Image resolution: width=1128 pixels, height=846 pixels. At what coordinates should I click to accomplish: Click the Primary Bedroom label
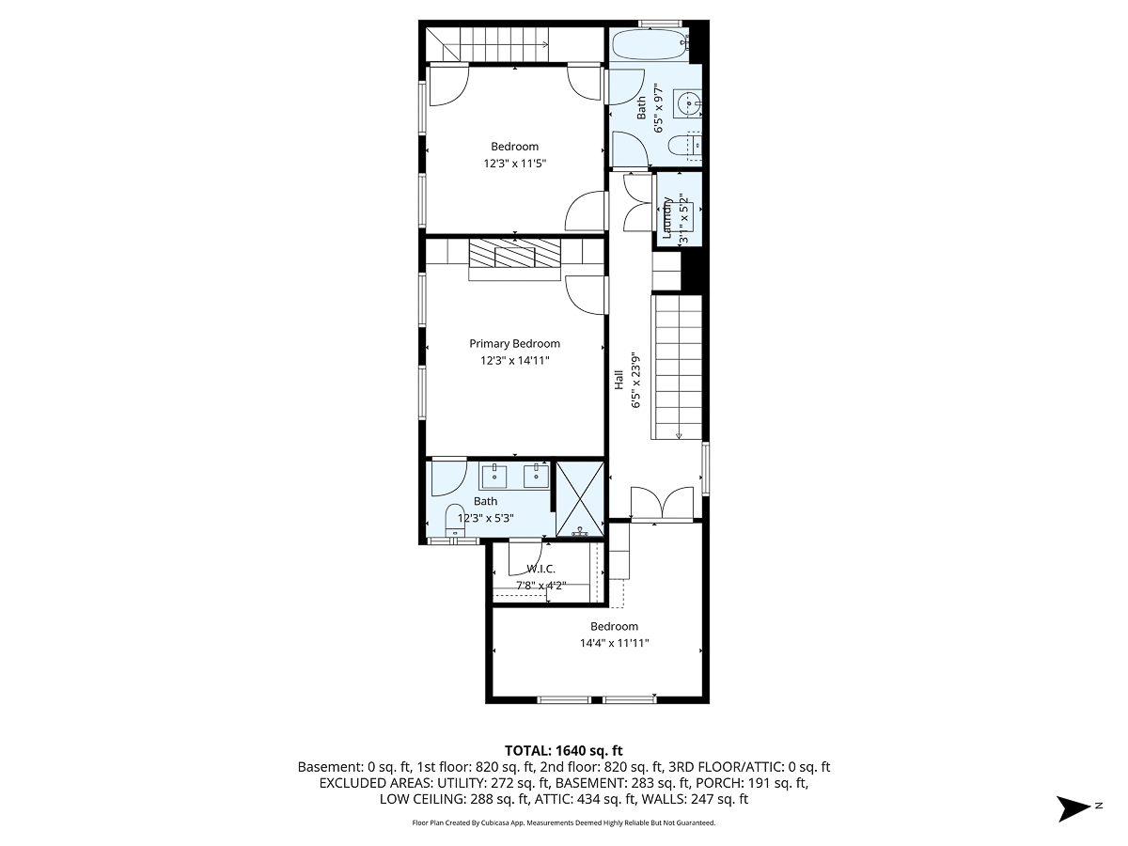[514, 344]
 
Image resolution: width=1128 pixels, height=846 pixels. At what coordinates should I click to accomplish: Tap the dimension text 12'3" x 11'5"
[514, 164]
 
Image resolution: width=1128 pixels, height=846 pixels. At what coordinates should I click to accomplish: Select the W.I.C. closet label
[540, 569]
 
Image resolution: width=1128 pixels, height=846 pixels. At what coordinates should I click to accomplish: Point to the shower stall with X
[580, 498]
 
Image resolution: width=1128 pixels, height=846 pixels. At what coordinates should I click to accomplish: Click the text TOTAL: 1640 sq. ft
[564, 750]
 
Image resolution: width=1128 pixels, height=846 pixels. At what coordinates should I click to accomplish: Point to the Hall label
[619, 380]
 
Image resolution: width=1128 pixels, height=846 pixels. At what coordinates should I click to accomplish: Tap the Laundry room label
[668, 217]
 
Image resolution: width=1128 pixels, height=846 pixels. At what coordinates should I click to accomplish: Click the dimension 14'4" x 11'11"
[614, 644]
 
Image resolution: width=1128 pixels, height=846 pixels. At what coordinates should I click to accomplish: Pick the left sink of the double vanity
[494, 477]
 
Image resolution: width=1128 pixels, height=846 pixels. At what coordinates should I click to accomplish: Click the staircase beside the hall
[678, 367]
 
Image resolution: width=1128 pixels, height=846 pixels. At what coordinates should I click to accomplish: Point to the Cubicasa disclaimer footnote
[564, 822]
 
